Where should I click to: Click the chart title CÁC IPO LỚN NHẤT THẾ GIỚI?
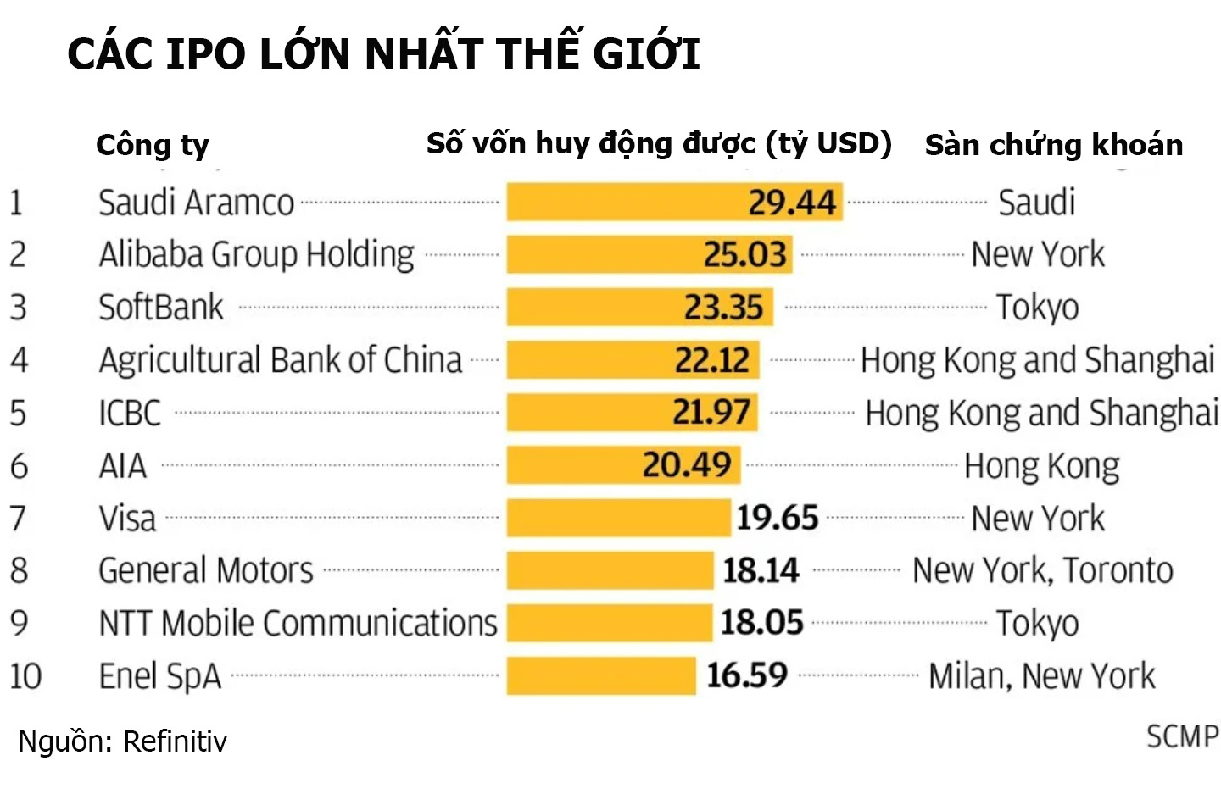[x=383, y=54]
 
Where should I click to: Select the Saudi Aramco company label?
[x=196, y=203]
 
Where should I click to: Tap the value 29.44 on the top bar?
[x=791, y=203]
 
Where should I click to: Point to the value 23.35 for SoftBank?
[x=723, y=308]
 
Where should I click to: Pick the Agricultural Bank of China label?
[x=281, y=360]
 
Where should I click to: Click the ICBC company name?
[x=130, y=414]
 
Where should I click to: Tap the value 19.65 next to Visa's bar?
[x=777, y=518]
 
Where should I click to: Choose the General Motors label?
[x=206, y=571]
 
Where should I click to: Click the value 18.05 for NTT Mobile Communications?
[x=761, y=623]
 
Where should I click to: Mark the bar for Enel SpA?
[x=600, y=676]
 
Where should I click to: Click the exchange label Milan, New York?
[x=1041, y=676]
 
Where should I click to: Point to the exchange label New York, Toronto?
[x=1042, y=571]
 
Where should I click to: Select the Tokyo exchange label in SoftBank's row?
[x=1037, y=308]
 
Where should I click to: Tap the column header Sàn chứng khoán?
[x=1053, y=145]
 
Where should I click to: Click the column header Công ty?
[x=152, y=146]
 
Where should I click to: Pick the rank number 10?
[x=25, y=676]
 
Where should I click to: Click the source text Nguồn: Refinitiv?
[x=123, y=741]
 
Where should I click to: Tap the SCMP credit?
[x=1182, y=736]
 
